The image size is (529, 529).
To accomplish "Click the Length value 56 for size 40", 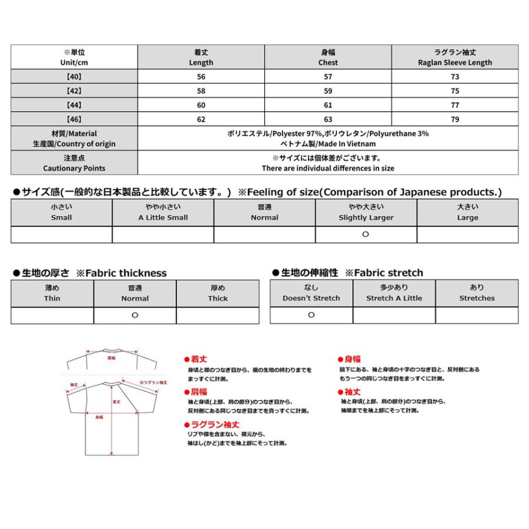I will tap(201, 76).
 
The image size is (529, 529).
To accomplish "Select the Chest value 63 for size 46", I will tap(328, 119).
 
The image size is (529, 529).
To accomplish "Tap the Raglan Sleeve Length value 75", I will tap(455, 91).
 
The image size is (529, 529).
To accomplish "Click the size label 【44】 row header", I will tap(74, 105).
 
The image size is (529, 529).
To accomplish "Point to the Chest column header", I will tap(328, 57).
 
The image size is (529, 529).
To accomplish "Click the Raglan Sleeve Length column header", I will tap(455, 57).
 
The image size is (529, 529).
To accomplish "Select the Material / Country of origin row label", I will tap(74, 139).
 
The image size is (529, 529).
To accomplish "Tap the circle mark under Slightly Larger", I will tap(366, 234).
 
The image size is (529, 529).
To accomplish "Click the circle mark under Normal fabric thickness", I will tap(135, 315).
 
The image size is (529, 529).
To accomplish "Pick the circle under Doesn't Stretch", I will tap(311, 314).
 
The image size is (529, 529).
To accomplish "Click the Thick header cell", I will tap(217, 293).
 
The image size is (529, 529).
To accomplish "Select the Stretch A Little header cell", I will tap(394, 293).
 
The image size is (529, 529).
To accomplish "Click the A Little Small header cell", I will tap(163, 212).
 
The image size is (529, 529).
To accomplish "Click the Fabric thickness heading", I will tap(90, 273).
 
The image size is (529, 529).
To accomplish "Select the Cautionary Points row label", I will tap(74, 163).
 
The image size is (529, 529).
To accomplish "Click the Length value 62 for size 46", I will tap(201, 119).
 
